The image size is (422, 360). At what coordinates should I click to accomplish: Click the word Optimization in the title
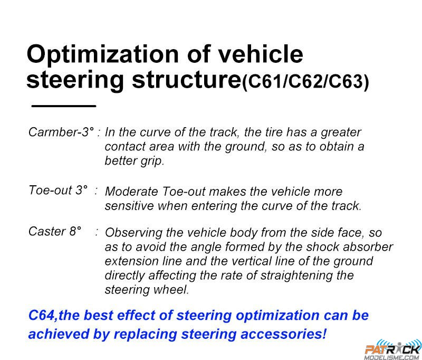102,55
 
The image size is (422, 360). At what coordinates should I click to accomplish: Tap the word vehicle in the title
260,54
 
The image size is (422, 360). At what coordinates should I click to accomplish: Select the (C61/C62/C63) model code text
305,81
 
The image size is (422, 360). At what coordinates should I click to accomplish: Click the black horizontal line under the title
64,106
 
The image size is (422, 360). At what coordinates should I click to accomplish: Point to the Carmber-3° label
61,132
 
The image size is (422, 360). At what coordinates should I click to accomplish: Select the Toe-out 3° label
58,190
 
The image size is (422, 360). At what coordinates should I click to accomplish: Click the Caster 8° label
55,231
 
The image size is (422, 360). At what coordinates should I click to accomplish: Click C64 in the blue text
42,315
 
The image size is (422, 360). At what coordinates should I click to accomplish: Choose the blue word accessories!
283,334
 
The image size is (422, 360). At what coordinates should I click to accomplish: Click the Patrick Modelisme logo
392,350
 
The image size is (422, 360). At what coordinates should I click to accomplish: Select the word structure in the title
187,80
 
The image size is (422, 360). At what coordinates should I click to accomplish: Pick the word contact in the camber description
124,147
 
